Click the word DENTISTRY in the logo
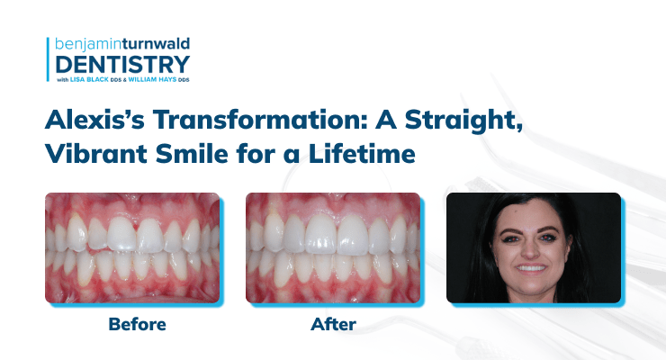122,65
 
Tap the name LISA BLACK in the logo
89,79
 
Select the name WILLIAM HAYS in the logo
152,79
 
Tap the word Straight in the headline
461,121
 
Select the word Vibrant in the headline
96,153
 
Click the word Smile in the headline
192,153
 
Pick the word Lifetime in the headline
362,153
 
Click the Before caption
137,324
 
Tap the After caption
333,324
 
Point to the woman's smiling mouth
531,269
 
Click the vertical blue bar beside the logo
48,59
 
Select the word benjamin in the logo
88,45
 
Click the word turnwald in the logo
156,44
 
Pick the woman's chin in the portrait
531,286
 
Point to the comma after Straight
519,128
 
